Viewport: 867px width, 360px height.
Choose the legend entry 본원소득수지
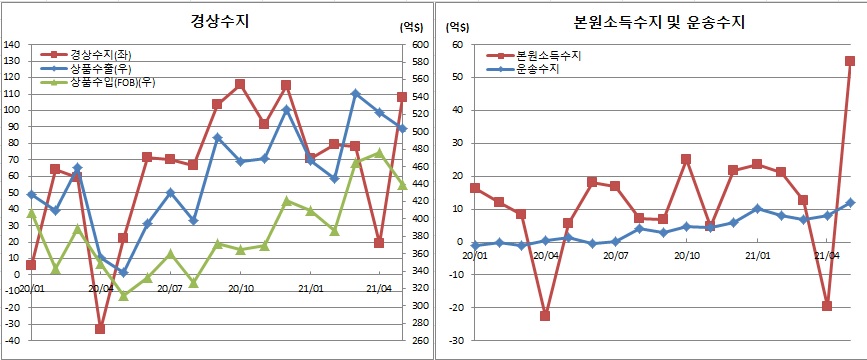point(547,57)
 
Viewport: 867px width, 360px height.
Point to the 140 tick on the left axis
point(12,45)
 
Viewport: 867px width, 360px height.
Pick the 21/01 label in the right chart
point(757,255)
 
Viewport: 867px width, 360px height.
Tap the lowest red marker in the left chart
point(101,328)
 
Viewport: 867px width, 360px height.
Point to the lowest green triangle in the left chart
point(124,296)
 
